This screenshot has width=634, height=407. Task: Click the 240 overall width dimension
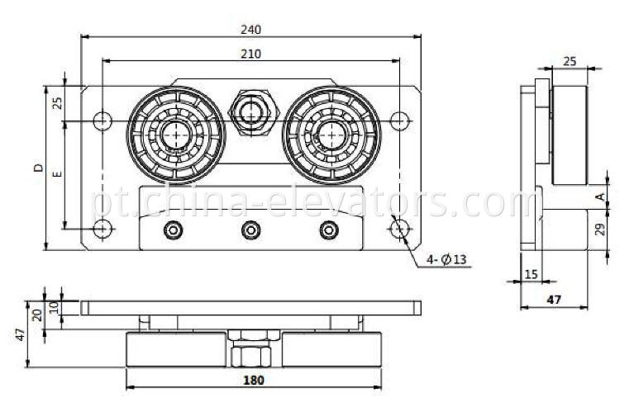tap(251, 29)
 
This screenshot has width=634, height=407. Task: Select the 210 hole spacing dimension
tap(251, 54)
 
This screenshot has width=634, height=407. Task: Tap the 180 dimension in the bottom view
tap(254, 381)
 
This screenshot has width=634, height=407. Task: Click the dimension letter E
tap(56, 175)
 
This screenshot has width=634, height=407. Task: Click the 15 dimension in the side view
tap(529, 273)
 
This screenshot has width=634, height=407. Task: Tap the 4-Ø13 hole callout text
tap(447, 259)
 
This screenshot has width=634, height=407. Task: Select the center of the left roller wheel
tap(175, 132)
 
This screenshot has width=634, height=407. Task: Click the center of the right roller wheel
tap(331, 132)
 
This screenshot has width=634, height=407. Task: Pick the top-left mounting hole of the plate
tap(102, 121)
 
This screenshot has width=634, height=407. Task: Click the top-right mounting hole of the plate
tap(399, 121)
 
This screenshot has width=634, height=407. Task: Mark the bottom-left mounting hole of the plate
tap(102, 229)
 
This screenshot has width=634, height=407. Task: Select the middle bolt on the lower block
tap(250, 230)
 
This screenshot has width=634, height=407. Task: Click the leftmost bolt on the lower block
tap(173, 230)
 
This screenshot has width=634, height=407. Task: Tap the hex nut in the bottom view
tap(252, 353)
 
